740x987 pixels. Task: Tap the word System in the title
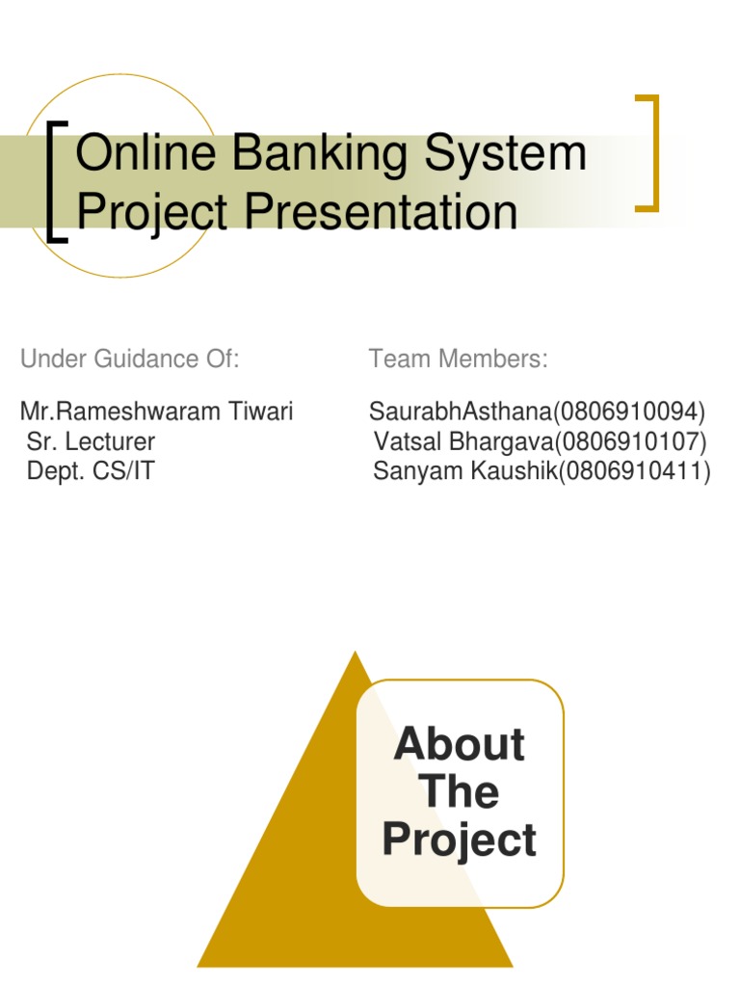(x=511, y=154)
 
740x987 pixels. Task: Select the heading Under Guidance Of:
(x=129, y=360)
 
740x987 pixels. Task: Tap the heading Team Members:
(x=458, y=360)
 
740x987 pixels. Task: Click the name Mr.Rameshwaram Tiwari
(x=156, y=413)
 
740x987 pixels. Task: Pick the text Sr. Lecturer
(x=91, y=442)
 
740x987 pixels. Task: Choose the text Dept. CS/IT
(x=90, y=472)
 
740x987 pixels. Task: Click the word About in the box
(x=460, y=745)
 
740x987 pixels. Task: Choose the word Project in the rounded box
(x=460, y=840)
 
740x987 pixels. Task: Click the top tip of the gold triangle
(x=356, y=654)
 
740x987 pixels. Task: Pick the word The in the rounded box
(x=460, y=792)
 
